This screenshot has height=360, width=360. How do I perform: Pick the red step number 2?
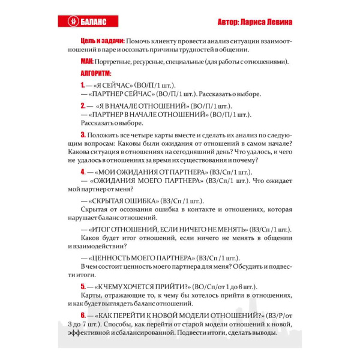pyautogui.click(x=83, y=105)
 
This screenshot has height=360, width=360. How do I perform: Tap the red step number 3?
pyautogui.click(x=83, y=134)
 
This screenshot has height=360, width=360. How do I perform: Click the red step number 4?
pyautogui.click(x=83, y=172)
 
